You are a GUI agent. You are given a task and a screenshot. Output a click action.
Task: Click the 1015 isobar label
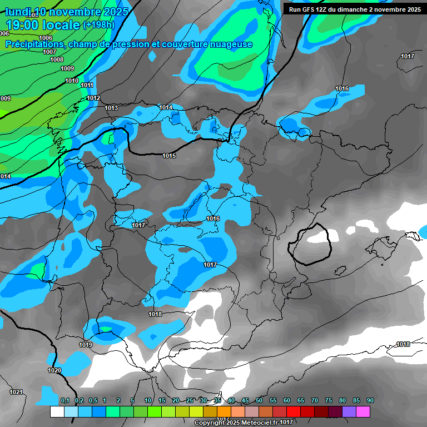pos(170,156)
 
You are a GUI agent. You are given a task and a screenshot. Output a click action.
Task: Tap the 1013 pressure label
pos(111,108)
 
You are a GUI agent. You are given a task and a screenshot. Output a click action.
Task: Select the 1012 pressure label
pos(93,98)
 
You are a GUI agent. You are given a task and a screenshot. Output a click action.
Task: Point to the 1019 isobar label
pos(86,345)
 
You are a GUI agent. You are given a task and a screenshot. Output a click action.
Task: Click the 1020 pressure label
pos(54,370)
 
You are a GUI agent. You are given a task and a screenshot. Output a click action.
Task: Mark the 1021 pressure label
pos(16,392)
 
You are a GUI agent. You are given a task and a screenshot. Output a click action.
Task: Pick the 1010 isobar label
pos(72,81)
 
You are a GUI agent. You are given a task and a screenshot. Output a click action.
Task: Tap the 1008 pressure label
pos(57,59)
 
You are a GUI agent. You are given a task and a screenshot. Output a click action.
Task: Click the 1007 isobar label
pos(49,52)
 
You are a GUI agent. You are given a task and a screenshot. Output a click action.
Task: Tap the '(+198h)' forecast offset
pos(98,25)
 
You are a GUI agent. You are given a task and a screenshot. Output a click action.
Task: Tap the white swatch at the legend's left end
pos(57,412)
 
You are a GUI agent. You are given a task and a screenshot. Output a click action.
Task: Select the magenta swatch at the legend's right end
pos(363,412)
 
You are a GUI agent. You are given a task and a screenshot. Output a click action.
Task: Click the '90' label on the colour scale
pos(370,400)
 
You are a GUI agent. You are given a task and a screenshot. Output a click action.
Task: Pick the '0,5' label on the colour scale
pos(92,400)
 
